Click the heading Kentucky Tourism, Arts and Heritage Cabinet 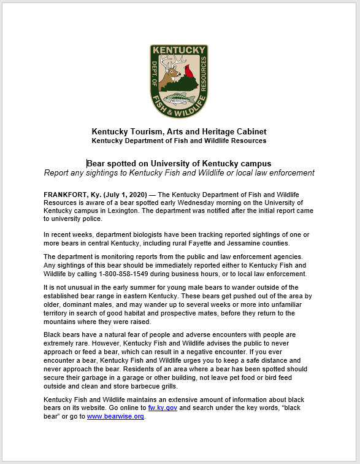pyautogui.click(x=179, y=131)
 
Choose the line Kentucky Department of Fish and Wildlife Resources pyautogui.click(x=179, y=141)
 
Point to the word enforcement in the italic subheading pyautogui.click(x=290, y=173)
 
